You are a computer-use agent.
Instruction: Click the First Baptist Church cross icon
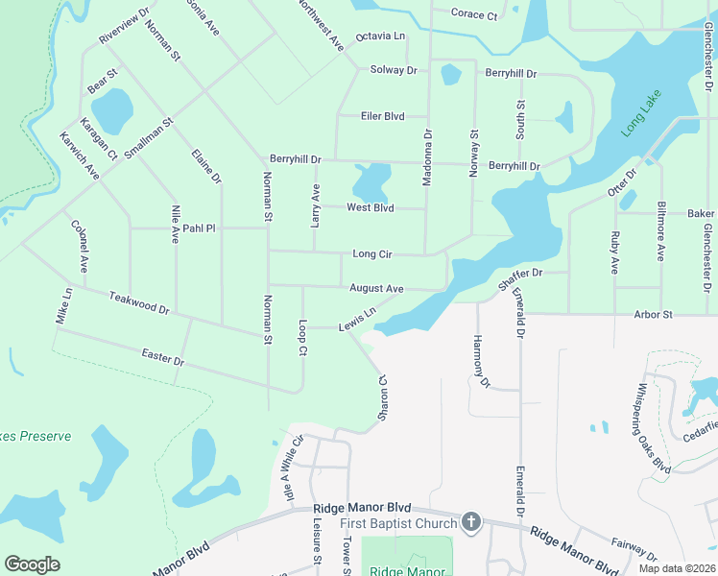point(470,521)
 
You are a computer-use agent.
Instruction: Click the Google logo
point(32,564)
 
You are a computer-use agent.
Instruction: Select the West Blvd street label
point(371,207)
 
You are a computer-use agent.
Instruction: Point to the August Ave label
point(376,288)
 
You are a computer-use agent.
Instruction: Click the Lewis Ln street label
point(356,321)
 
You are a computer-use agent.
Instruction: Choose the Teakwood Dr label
point(139,303)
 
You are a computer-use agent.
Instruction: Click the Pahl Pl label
point(200,228)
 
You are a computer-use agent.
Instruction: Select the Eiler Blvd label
point(382,116)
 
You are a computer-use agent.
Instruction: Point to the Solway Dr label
point(394,70)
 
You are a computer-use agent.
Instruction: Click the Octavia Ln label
point(380,36)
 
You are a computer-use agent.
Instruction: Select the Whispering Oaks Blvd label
point(653,428)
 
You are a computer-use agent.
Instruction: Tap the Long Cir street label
point(373,254)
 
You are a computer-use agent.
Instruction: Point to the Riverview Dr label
point(124,30)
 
